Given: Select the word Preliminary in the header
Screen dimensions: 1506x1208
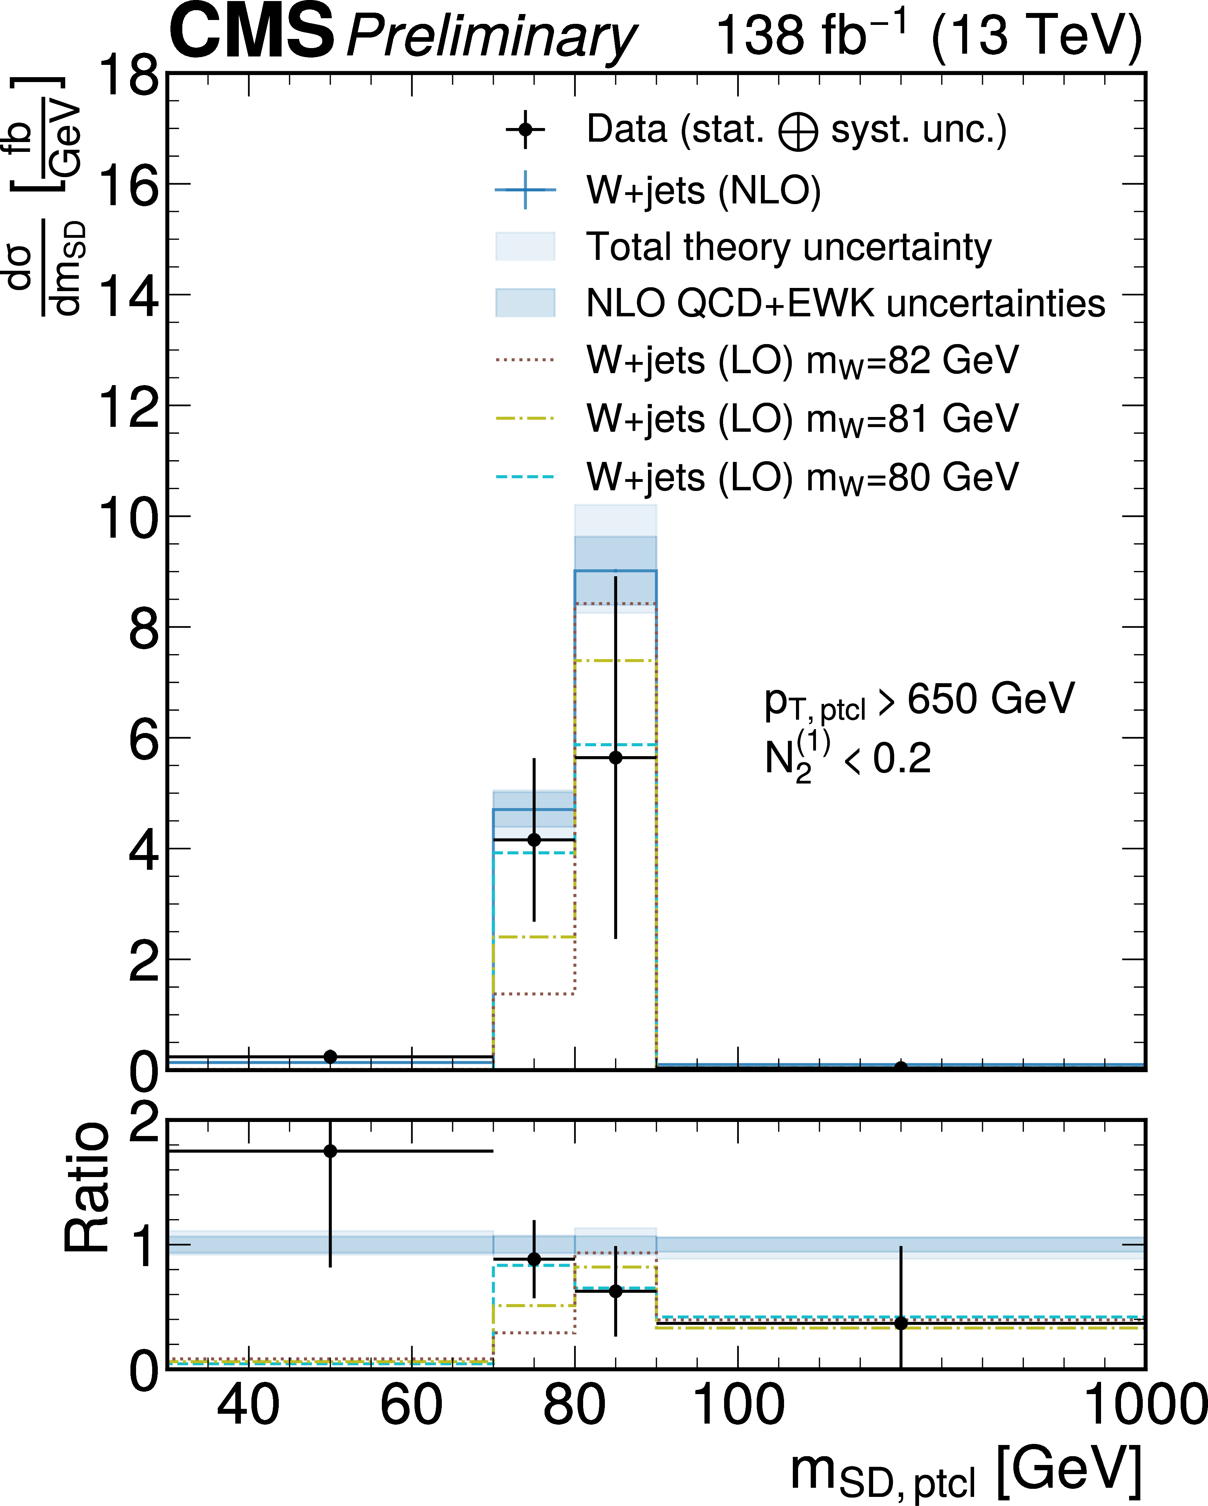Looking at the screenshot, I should pos(491,36).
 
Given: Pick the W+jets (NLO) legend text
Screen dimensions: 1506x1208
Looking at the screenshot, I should pos(703,190).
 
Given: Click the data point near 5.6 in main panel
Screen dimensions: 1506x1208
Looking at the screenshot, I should pos(615,758).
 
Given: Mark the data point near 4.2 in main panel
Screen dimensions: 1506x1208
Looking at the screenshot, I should pos(534,840).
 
